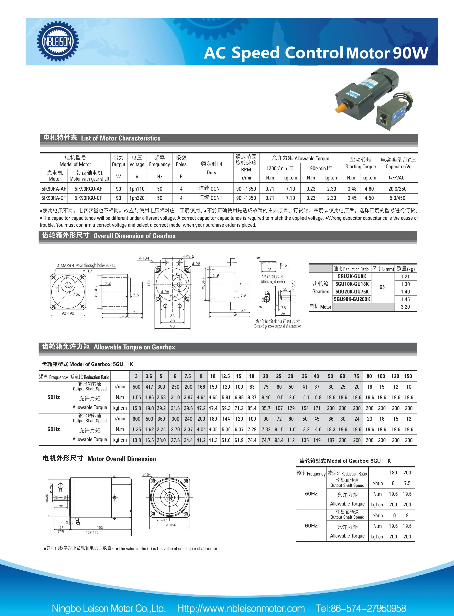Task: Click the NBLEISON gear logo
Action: click(x=58, y=41)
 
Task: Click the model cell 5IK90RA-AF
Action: click(x=54, y=189)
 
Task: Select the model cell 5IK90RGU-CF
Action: click(x=88, y=198)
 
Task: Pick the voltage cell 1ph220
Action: click(x=137, y=198)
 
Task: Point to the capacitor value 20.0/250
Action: click(x=397, y=189)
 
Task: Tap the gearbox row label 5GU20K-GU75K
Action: click(x=352, y=291)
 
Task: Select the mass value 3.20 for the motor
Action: click(x=405, y=307)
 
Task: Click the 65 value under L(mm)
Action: click(x=382, y=287)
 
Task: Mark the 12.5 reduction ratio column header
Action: click(x=225, y=376)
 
